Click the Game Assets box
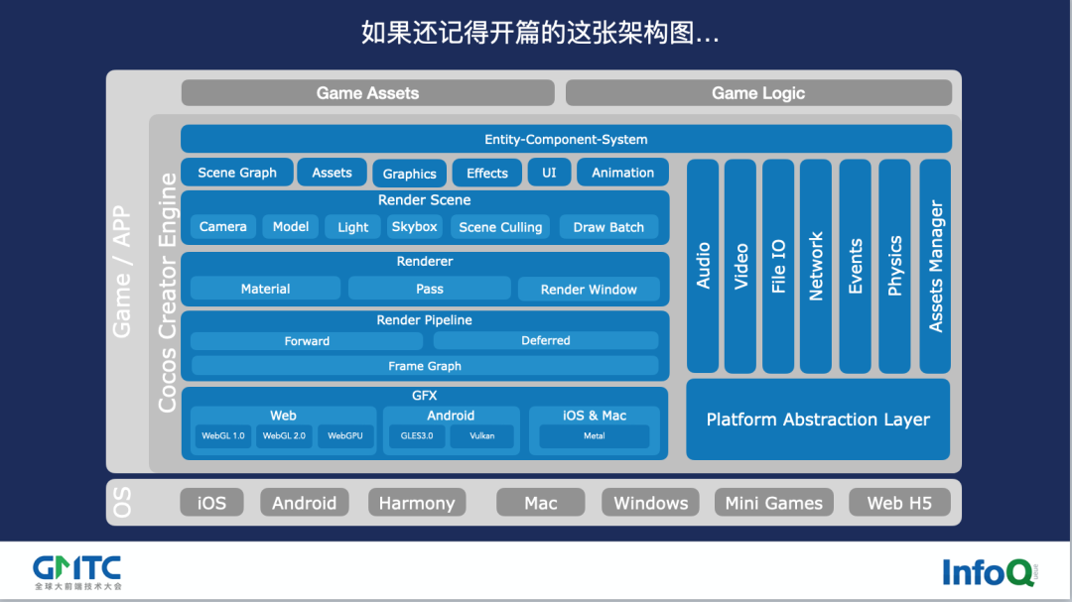click(367, 93)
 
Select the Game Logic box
click(758, 93)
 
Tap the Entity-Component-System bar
click(566, 140)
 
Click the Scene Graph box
click(237, 173)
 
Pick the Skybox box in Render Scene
click(414, 227)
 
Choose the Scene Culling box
click(500, 227)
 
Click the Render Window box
click(589, 290)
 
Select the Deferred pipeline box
click(546, 341)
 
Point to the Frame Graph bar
click(425, 366)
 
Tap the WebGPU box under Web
click(345, 436)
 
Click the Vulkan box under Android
click(483, 436)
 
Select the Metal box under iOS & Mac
click(594, 436)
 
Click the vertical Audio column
click(703, 266)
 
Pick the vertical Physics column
click(895, 266)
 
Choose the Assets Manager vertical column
click(935, 266)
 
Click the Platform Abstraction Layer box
click(818, 420)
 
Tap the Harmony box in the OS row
click(417, 503)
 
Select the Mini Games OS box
click(774, 503)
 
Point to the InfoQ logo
click(990, 572)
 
